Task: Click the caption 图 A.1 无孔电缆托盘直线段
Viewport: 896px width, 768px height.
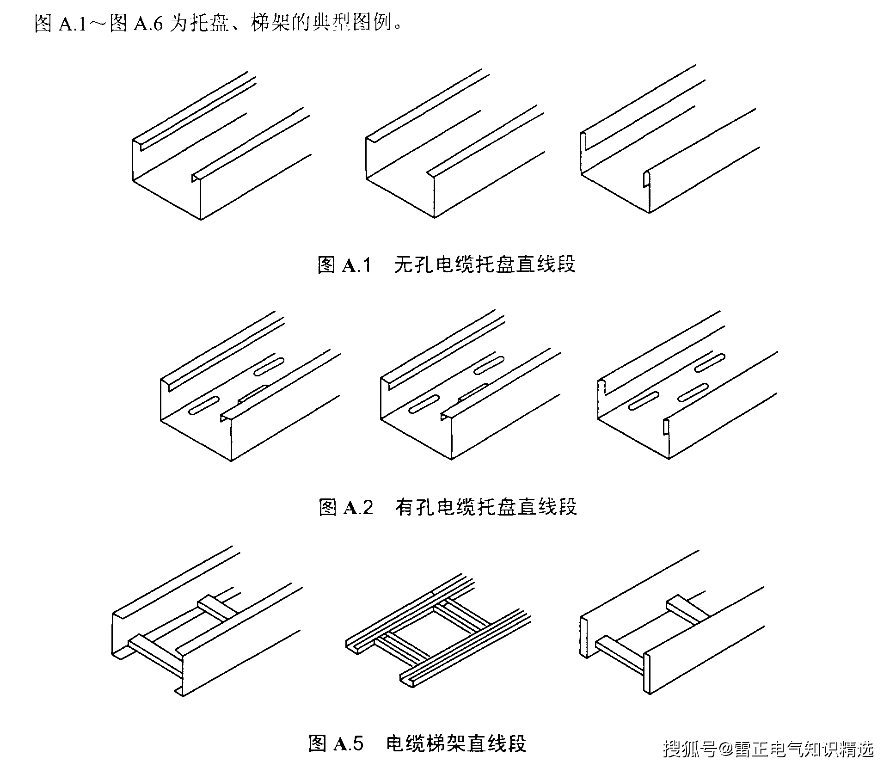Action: point(447,265)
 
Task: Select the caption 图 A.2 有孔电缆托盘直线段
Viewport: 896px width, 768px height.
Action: point(448,507)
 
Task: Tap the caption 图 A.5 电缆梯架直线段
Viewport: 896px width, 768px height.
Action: point(417,743)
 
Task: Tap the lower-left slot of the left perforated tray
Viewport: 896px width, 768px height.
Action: point(204,405)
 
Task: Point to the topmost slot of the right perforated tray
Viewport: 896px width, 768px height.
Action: point(710,363)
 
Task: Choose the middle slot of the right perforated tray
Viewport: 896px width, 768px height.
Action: point(693,392)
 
